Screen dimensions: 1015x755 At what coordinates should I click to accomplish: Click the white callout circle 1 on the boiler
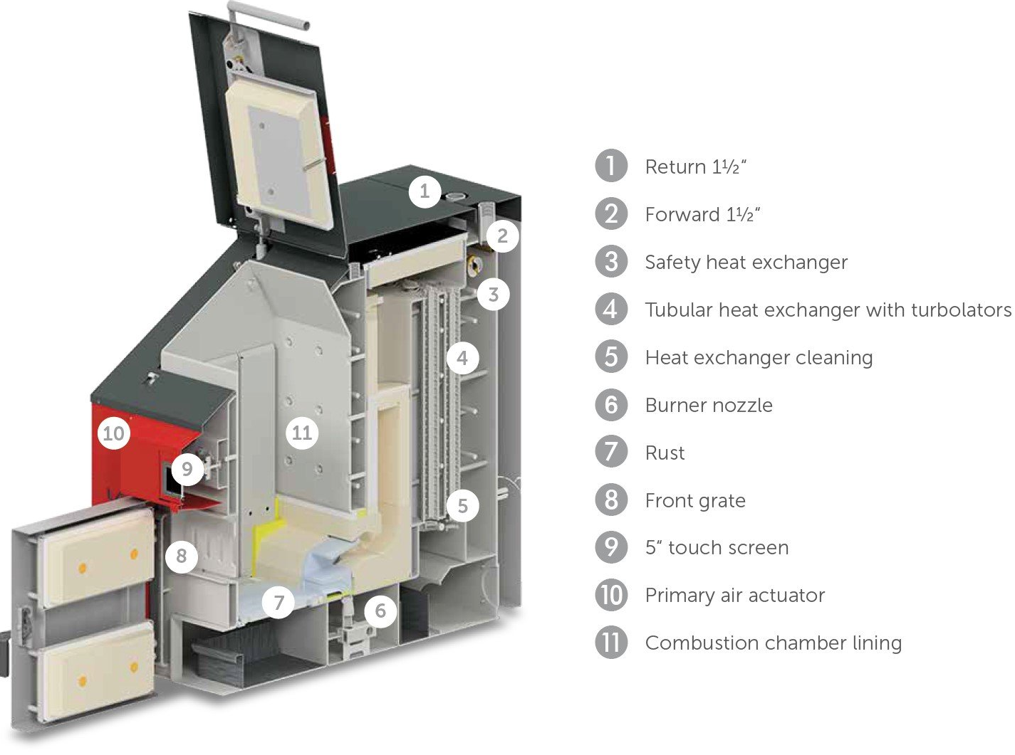pyautogui.click(x=425, y=191)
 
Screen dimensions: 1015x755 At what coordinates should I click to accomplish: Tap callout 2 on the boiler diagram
pyautogui.click(x=502, y=236)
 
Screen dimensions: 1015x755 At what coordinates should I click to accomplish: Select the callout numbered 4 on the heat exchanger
pyautogui.click(x=463, y=358)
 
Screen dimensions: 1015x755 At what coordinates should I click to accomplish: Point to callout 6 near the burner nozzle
pyautogui.click(x=380, y=611)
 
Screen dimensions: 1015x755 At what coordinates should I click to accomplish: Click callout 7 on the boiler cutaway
pyautogui.click(x=279, y=602)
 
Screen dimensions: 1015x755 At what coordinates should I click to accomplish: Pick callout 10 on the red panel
pyautogui.click(x=114, y=433)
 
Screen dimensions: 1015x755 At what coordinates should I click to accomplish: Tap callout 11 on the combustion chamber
pyautogui.click(x=302, y=433)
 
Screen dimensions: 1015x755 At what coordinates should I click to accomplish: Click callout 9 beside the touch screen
pyautogui.click(x=187, y=469)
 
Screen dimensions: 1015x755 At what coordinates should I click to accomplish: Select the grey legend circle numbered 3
pyautogui.click(x=611, y=261)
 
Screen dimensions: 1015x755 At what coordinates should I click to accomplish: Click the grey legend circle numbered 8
pyautogui.click(x=611, y=500)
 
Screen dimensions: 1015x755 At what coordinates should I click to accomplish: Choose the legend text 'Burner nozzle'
pyautogui.click(x=709, y=405)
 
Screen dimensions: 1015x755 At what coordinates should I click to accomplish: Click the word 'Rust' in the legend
pyautogui.click(x=665, y=453)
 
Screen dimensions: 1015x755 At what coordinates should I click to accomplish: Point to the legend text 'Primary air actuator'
pyautogui.click(x=735, y=596)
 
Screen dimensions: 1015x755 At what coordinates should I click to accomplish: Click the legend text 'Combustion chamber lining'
pyautogui.click(x=774, y=643)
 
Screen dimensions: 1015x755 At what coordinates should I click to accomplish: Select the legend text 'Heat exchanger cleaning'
pyautogui.click(x=759, y=358)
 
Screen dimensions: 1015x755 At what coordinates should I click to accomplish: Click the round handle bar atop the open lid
pyautogui.click(x=269, y=14)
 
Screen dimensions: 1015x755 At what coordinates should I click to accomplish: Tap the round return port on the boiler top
pyautogui.click(x=455, y=196)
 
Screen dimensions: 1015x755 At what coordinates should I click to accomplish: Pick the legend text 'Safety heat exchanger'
pyautogui.click(x=746, y=263)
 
